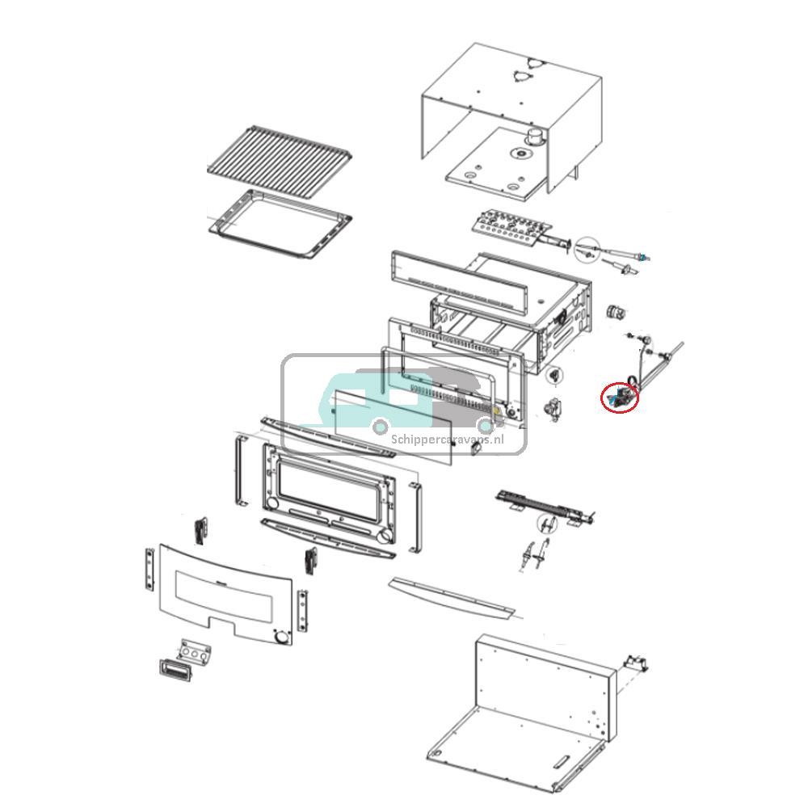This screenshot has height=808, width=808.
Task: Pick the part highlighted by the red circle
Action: [x=620, y=396]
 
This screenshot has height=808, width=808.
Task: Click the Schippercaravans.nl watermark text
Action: [x=447, y=439]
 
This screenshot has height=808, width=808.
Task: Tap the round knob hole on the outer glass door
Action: [x=281, y=638]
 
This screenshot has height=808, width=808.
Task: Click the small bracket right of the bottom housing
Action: [x=635, y=663]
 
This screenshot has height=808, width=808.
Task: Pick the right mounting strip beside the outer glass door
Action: [x=302, y=612]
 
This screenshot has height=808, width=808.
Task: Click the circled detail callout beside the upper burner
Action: [x=588, y=250]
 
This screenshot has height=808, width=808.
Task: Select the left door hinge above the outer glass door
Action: [x=200, y=529]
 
